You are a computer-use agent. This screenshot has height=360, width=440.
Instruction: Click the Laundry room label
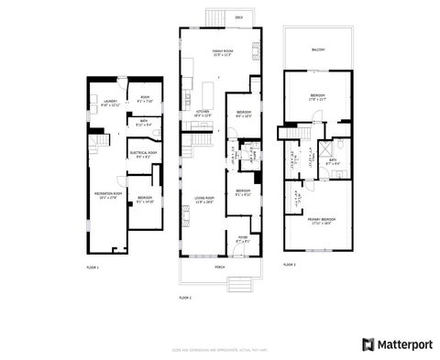pos(111,103)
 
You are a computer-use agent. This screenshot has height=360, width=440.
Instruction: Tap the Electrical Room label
pos(144,154)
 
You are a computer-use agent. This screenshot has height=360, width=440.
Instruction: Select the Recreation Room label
pos(107,193)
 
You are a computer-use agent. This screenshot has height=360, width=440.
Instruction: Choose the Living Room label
pos(203,199)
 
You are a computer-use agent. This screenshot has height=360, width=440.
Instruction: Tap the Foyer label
pos(243,237)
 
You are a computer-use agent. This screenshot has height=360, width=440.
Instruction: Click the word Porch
pos(219,267)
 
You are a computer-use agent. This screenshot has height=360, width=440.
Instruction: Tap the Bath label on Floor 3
pos(334,161)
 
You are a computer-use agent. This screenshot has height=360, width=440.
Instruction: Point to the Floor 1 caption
pos(92,266)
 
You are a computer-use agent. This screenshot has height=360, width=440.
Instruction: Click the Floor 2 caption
pos(184,299)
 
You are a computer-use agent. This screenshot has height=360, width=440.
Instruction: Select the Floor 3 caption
pos(290,264)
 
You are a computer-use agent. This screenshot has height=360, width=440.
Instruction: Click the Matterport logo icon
pos(368,344)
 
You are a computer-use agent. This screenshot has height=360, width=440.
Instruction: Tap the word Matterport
pos(402,344)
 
